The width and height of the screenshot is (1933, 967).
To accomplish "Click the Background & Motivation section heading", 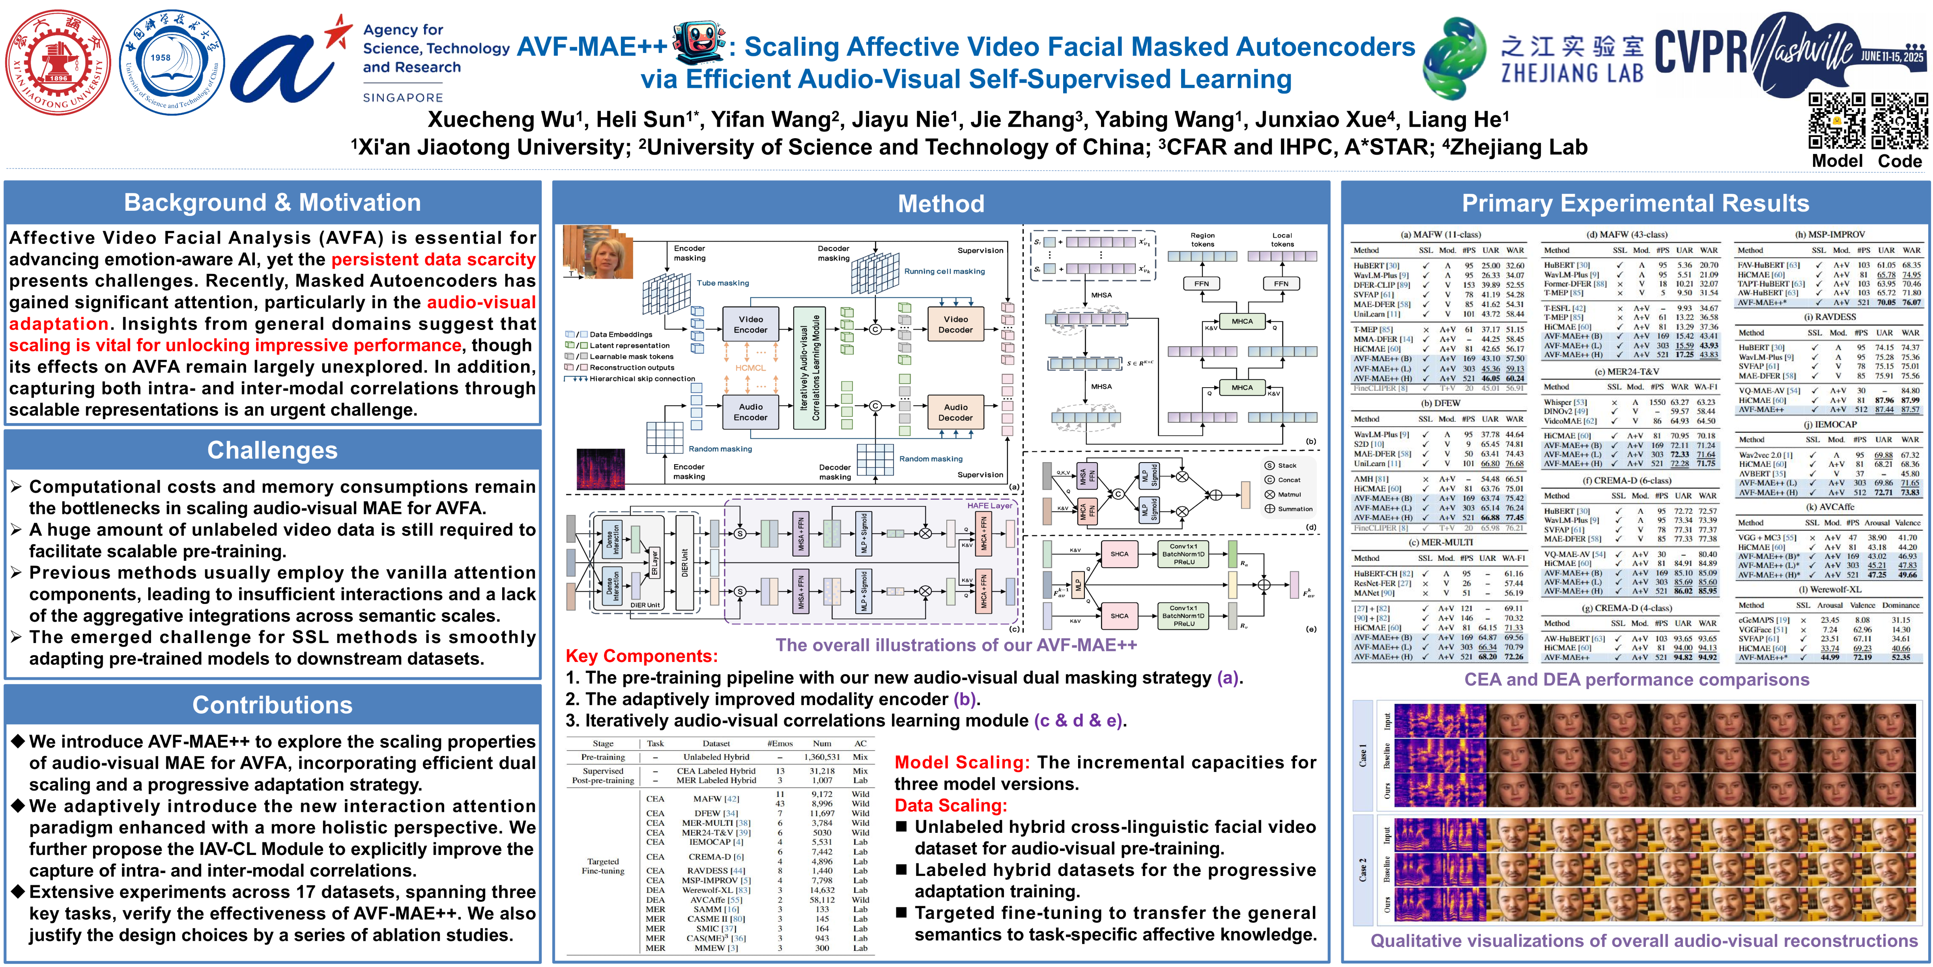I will point(272,203).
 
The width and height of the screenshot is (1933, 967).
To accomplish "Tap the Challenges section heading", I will point(272,450).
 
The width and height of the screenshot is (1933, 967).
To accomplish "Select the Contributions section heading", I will point(272,705).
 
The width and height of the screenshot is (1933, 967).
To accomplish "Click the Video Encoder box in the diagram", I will point(750,324).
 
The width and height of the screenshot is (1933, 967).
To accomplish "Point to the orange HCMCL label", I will point(750,368).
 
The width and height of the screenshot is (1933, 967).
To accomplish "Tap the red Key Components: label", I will point(641,656).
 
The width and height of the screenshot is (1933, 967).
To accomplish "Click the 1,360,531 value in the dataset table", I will point(822,757).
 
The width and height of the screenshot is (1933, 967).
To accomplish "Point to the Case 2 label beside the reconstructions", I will point(1363,869).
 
